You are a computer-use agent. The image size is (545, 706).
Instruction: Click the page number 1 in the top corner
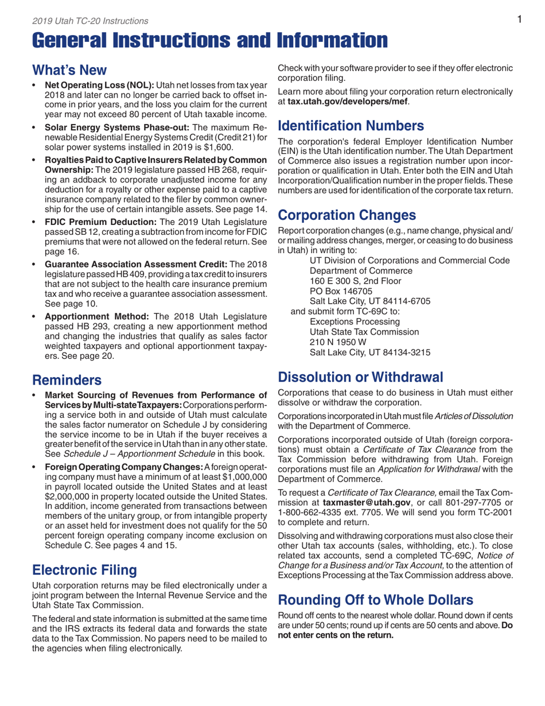click(x=518, y=20)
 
